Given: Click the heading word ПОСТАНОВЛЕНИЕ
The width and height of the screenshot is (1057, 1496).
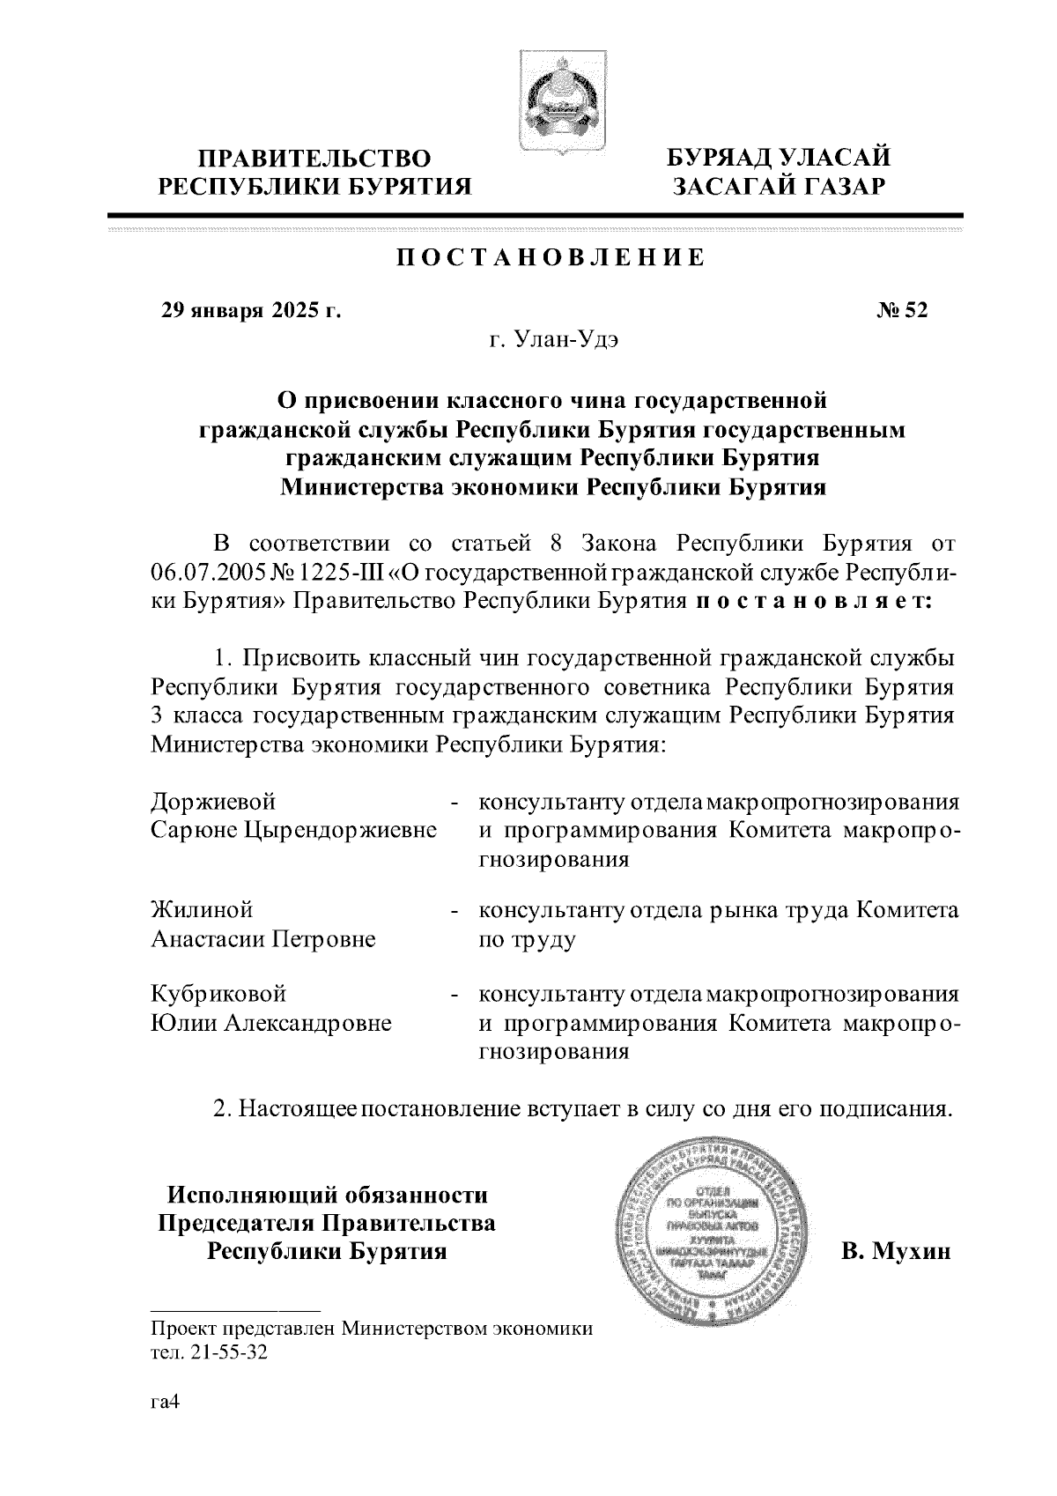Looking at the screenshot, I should coord(551,258).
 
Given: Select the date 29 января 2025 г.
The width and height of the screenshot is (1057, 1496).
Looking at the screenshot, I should coord(250,310).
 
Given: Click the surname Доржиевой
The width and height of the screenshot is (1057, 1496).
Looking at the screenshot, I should coord(213,802).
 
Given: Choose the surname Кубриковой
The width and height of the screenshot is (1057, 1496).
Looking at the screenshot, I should coord(218,994).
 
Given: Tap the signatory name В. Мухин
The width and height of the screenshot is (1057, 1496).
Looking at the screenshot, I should coord(896,1251).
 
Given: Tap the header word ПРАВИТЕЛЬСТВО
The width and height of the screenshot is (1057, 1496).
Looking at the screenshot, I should coord(314,159).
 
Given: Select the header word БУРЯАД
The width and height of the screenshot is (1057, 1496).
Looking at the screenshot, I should coord(720,158).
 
